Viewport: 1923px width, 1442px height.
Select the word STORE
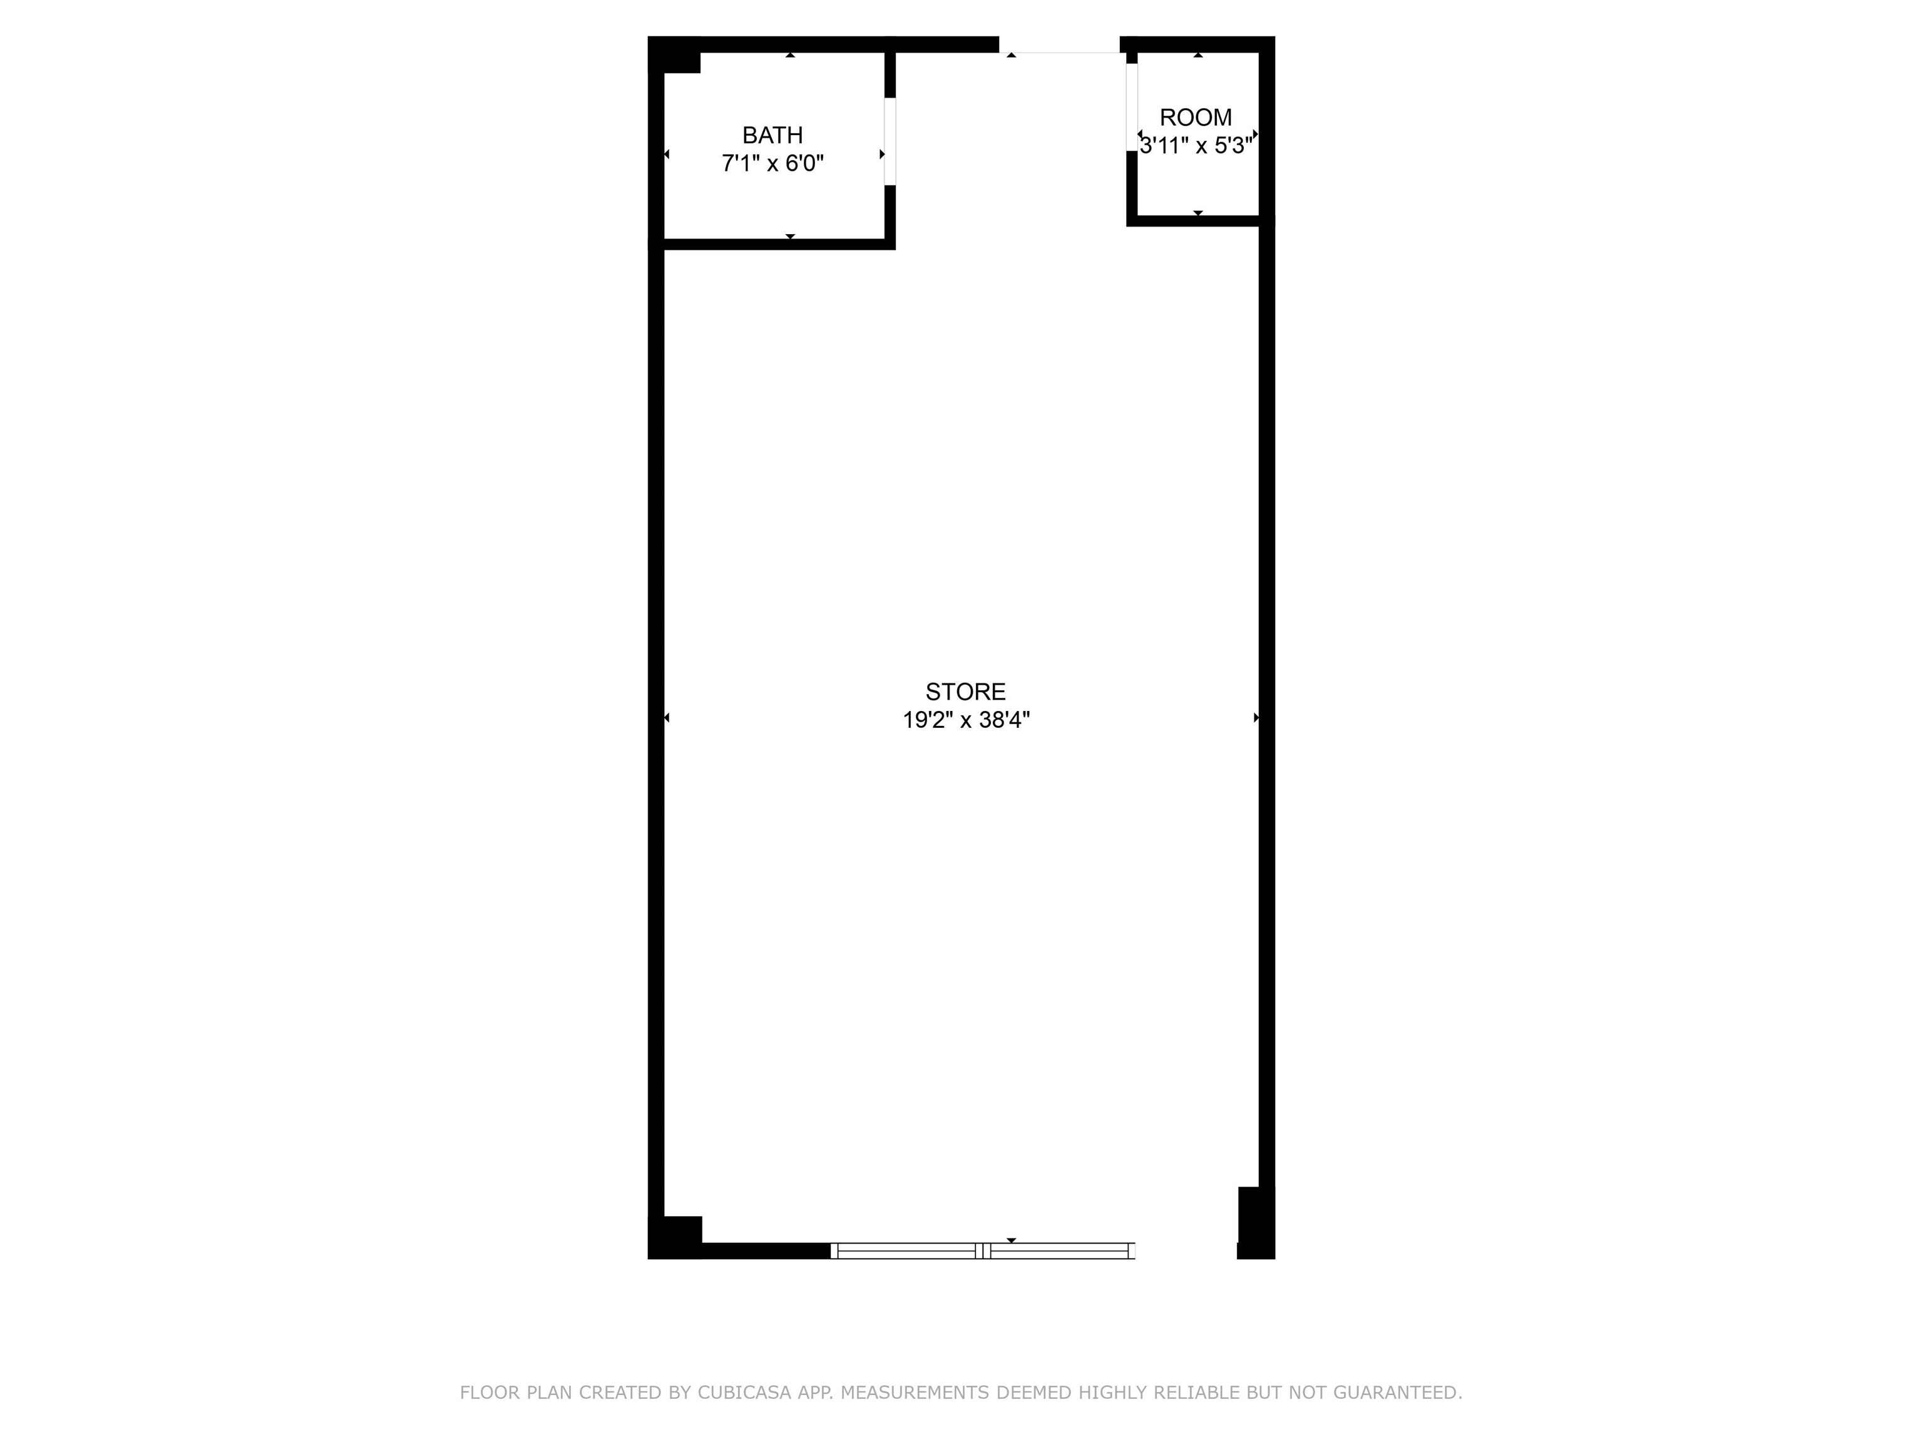(965, 691)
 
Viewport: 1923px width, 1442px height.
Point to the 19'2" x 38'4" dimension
(966, 720)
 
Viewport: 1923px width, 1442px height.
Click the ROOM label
(1196, 117)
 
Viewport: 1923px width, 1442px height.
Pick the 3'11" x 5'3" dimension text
(1196, 145)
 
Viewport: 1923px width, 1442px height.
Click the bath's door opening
(890, 141)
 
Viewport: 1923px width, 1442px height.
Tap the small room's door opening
(1132, 108)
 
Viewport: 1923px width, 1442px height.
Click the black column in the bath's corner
(675, 54)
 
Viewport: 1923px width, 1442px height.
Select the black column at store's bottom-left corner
(675, 1237)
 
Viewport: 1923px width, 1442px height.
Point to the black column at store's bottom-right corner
(1255, 1222)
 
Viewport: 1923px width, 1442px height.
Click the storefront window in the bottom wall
(983, 1250)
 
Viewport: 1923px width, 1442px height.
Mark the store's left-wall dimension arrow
(667, 717)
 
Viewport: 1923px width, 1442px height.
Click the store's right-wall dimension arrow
(1256, 717)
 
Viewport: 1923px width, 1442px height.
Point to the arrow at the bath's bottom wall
(790, 237)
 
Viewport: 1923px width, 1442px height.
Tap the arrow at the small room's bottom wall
(1198, 213)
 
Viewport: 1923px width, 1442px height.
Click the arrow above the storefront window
(1011, 1240)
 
